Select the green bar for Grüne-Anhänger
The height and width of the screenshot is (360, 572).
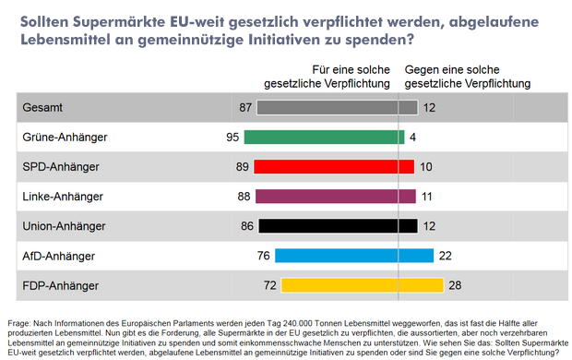324,138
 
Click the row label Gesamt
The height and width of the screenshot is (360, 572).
42,108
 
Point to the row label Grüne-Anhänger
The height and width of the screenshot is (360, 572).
65,138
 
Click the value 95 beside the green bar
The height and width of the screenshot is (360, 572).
232,138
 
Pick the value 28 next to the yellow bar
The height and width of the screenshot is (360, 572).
455,285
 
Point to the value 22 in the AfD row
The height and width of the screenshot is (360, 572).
445,256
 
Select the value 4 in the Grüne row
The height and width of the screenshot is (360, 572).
412,138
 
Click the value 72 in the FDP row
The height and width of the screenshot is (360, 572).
270,285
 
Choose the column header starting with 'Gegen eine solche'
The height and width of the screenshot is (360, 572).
468,75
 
